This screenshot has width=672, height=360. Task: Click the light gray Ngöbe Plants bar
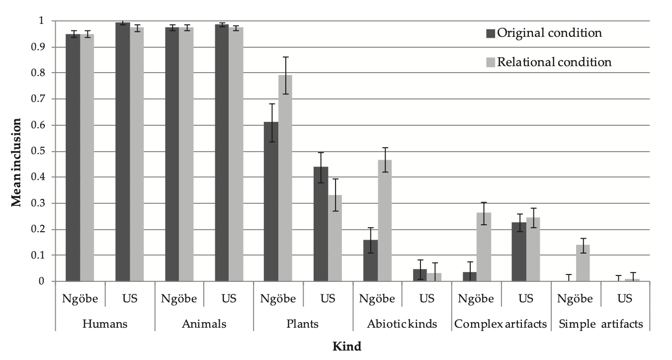[285, 178]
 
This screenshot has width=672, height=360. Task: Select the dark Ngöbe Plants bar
[271, 201]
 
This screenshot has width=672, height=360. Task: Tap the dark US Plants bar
[321, 224]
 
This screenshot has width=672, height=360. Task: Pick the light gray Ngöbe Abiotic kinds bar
[385, 220]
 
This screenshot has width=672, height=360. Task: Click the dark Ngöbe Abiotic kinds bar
[370, 261]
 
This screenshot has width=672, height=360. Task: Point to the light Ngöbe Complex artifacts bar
[484, 247]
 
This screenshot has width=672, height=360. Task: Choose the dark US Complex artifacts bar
[519, 252]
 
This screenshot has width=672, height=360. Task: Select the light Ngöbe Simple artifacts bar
[583, 263]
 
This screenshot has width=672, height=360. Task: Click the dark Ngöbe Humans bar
[73, 158]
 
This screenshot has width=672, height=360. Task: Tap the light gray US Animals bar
[236, 155]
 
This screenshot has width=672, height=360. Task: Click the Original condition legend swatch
[491, 33]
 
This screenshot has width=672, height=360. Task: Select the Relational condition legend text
[554, 62]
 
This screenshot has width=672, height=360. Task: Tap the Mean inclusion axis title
[16, 162]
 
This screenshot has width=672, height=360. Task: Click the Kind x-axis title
[347, 347]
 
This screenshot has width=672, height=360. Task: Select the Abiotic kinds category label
[402, 324]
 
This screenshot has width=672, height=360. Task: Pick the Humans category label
[105, 324]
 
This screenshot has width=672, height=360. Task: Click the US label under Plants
[328, 298]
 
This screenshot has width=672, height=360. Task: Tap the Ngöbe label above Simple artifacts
[575, 298]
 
